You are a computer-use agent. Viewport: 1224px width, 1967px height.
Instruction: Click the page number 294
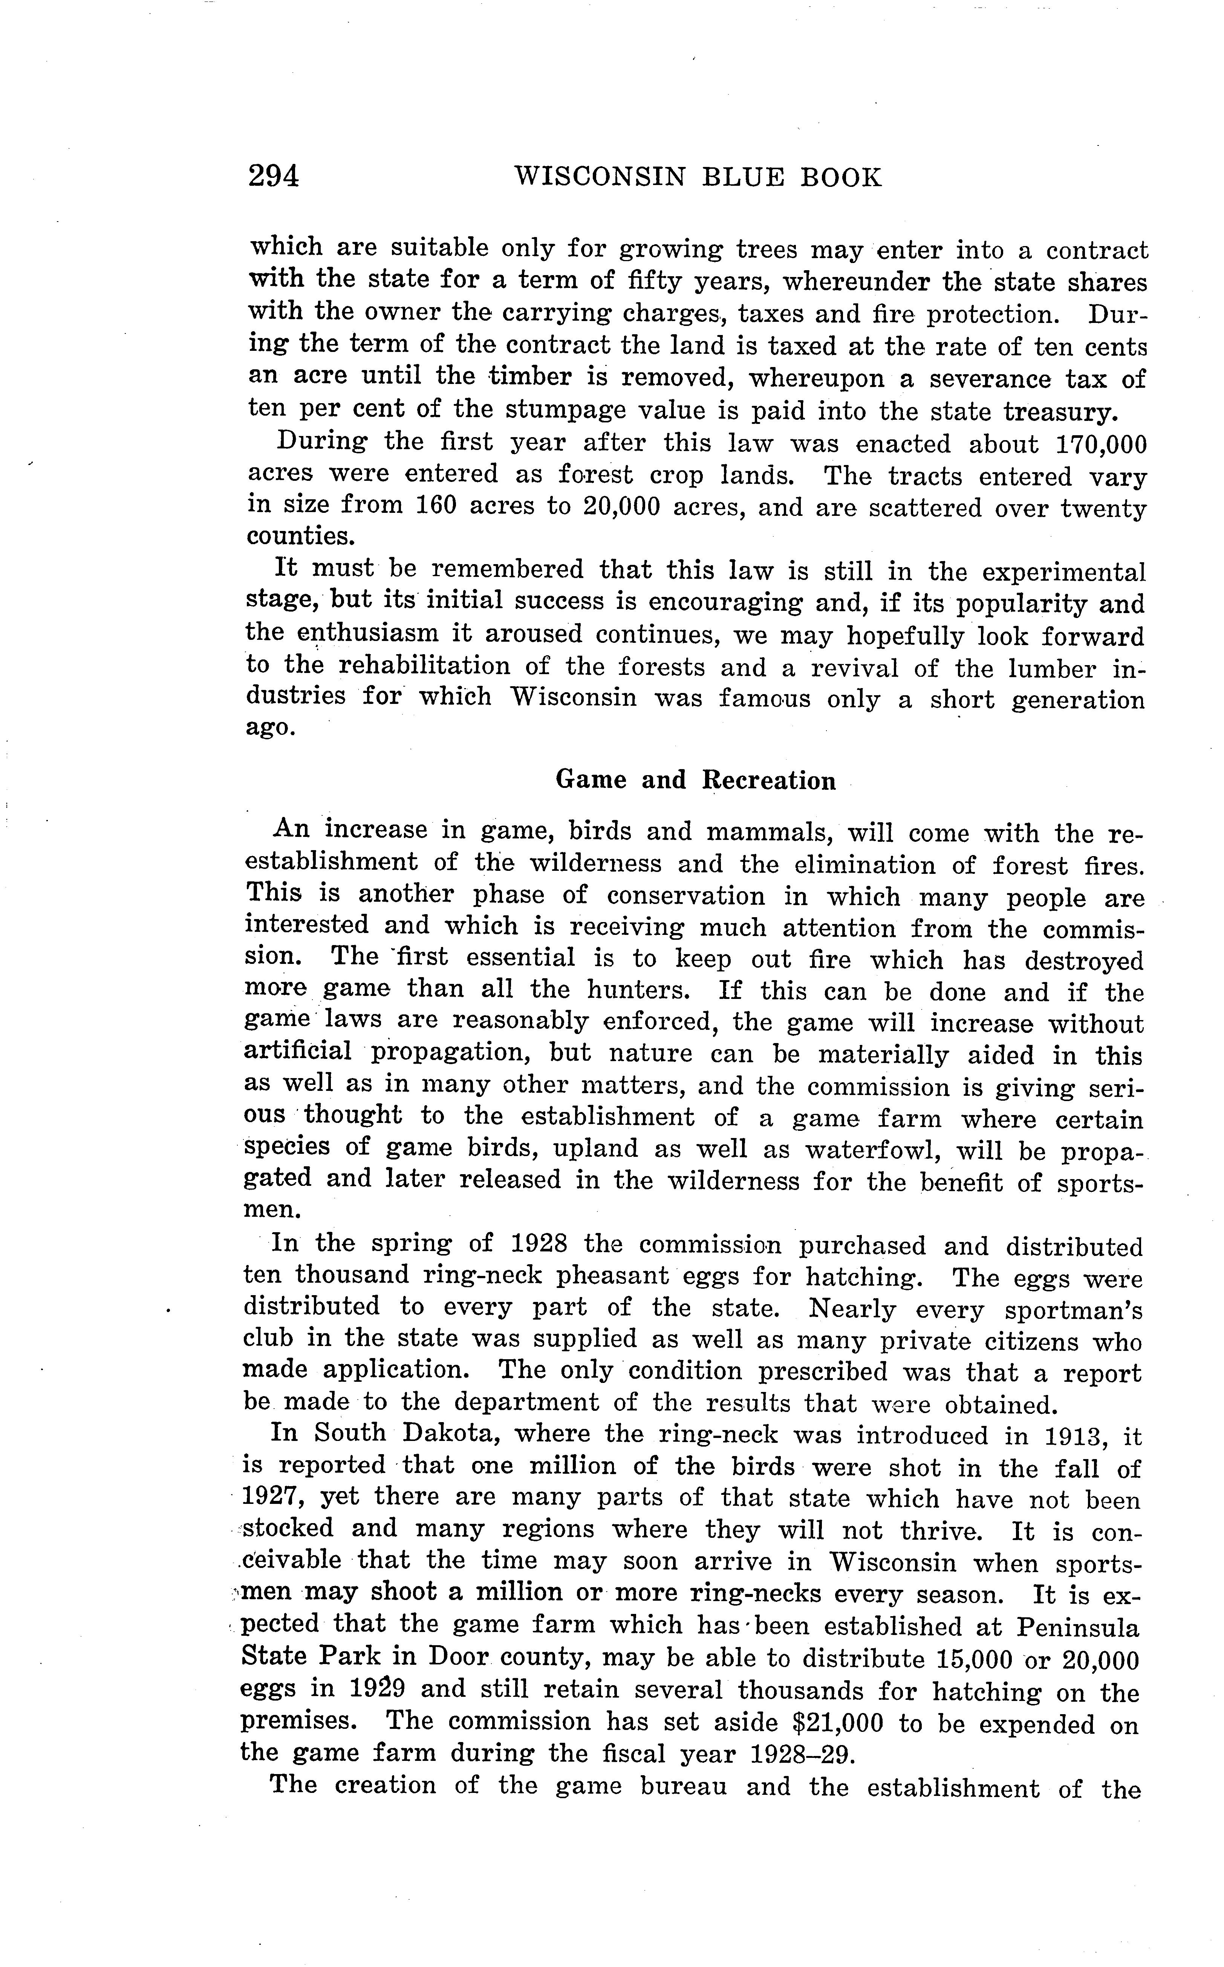[x=274, y=176]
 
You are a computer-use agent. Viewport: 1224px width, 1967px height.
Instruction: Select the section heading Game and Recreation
[x=695, y=780]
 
